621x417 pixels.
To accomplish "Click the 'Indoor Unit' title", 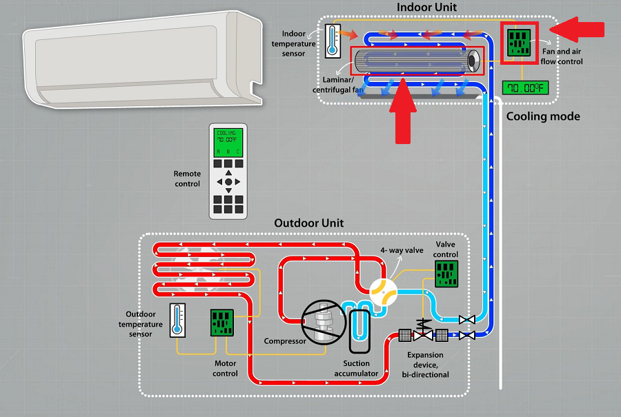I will pyautogui.click(x=426, y=8).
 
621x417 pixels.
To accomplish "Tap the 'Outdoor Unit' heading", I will pyautogui.click(x=308, y=223).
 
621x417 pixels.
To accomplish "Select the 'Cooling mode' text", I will pyautogui.click(x=543, y=116).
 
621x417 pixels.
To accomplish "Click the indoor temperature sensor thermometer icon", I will pyautogui.click(x=333, y=41).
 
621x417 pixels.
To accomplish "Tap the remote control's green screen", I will pyautogui.click(x=228, y=141).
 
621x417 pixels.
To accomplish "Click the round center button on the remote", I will pyautogui.click(x=228, y=182).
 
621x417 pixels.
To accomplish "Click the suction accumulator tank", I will pyautogui.click(x=359, y=332).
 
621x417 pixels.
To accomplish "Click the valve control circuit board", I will pyautogui.click(x=447, y=274).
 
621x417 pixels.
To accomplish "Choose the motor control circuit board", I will pyautogui.click(x=223, y=323).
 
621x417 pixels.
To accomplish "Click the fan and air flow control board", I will pyautogui.click(x=520, y=42).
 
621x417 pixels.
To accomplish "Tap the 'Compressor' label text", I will pyautogui.click(x=284, y=341).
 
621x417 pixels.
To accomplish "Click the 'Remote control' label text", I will pyautogui.click(x=187, y=179).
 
